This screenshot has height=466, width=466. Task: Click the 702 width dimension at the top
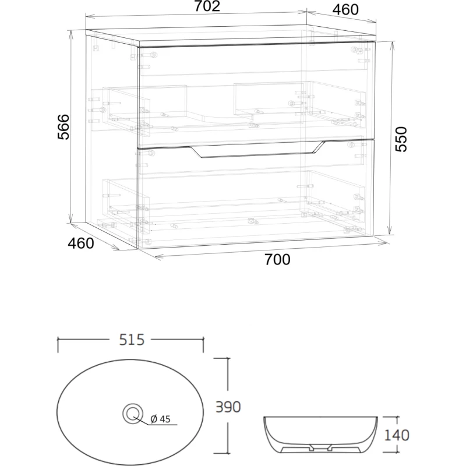coord(207,6)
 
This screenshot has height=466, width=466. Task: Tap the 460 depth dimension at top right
coord(345,10)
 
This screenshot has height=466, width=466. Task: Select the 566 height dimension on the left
coord(63,127)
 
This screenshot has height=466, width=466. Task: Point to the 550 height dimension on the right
coord(401,139)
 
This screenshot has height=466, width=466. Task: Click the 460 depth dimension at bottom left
coord(81,243)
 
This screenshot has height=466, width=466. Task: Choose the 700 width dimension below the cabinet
coord(277,260)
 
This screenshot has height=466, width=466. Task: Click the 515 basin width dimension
coord(132,340)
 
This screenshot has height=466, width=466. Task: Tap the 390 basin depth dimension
coord(228,407)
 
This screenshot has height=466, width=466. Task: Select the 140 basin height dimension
coord(397,435)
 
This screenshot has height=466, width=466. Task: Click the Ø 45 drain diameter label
coord(160,419)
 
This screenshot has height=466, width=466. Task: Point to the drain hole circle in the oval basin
coord(133,413)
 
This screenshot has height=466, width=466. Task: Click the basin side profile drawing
coord(320,435)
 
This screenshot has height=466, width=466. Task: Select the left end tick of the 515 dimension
coord(58,345)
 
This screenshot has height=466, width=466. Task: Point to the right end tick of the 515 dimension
coord(203,345)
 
